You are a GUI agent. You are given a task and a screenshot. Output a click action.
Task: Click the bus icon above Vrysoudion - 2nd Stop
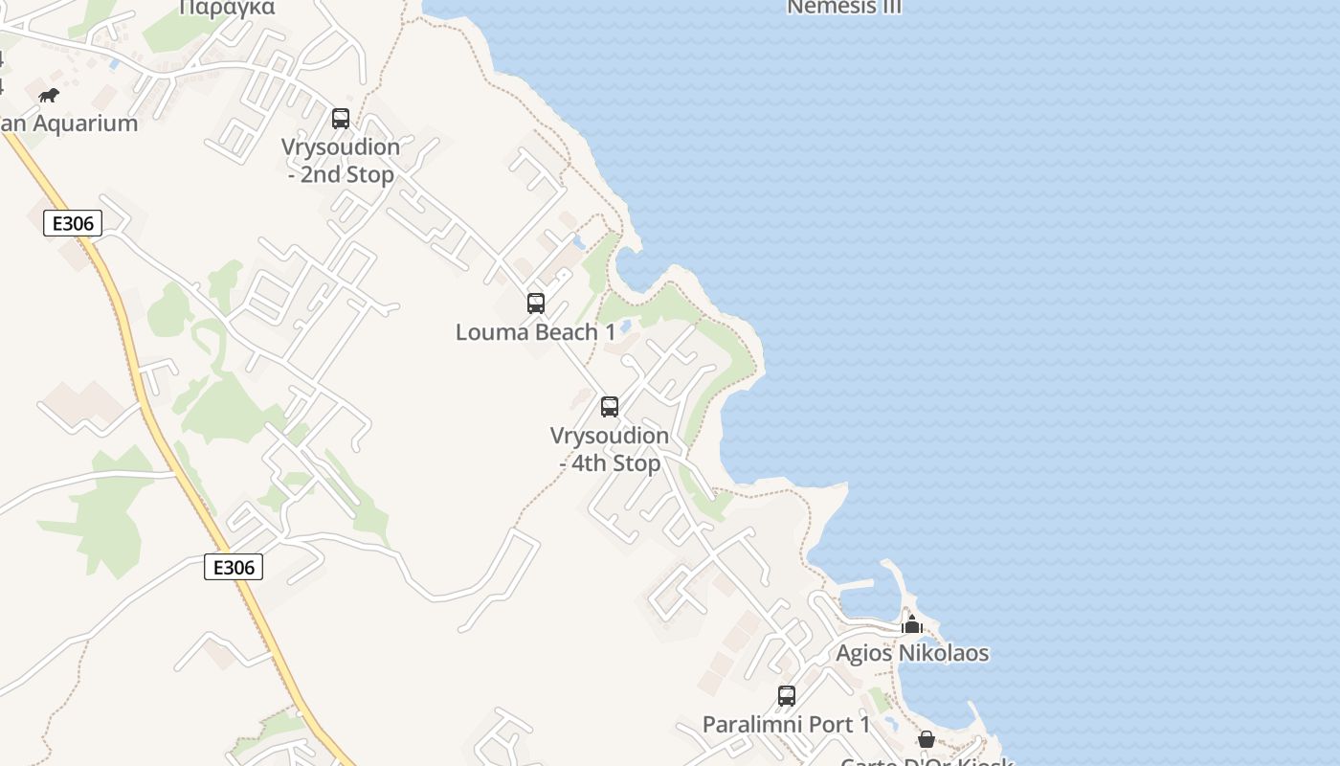[x=341, y=119]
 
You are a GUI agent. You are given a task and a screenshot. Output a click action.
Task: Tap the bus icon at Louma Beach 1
[x=536, y=304]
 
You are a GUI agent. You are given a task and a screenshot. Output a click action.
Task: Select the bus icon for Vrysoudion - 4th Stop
[x=610, y=407]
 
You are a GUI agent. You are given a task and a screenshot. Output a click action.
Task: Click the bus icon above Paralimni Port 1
[x=787, y=696]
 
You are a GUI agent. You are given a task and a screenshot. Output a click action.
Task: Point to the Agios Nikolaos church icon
[x=912, y=625]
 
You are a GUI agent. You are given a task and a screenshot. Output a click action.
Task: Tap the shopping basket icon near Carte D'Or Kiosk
[x=927, y=739]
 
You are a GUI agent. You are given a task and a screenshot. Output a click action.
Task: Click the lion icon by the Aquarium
[x=49, y=95]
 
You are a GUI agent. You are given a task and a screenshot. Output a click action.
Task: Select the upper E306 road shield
[x=73, y=224]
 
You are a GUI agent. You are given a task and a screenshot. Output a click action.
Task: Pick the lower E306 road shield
[x=234, y=567]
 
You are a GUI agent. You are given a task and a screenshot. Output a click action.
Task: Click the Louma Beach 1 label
[x=536, y=332]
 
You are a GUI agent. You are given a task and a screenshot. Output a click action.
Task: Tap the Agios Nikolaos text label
[x=912, y=653]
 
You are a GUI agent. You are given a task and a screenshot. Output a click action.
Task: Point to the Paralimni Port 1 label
[x=787, y=724]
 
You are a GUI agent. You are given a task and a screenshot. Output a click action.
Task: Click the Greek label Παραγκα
[x=227, y=8]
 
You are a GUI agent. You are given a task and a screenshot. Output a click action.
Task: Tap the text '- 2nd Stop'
[x=341, y=175]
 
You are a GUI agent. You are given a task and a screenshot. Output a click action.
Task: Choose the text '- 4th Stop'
[x=610, y=463]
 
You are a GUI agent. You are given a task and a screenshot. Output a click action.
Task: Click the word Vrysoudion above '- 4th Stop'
[x=610, y=436]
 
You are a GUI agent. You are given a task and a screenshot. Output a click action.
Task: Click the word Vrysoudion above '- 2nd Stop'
[x=341, y=147]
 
